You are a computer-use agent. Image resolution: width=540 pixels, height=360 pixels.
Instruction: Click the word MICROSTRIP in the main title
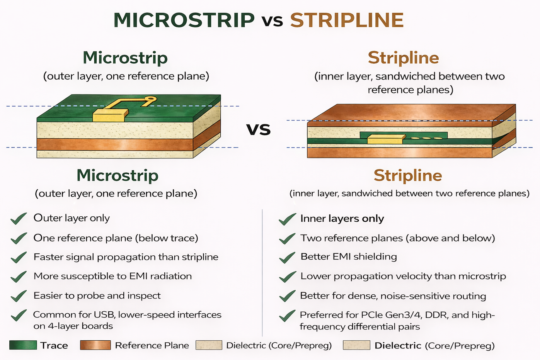pyautogui.click(x=184, y=20)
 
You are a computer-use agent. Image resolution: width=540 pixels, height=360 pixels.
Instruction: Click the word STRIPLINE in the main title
pyautogui.click(x=347, y=20)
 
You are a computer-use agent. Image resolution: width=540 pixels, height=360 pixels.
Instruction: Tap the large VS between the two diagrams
pyautogui.click(x=259, y=129)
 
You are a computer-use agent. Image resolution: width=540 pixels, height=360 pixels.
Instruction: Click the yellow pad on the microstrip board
pyautogui.click(x=110, y=115)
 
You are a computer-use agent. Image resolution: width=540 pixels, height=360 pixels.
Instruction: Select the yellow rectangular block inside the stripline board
pyautogui.click(x=385, y=139)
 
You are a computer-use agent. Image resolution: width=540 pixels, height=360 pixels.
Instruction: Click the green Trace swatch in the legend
pyautogui.click(x=23, y=345)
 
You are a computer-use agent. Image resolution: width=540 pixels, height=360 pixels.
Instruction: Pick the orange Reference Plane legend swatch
pyautogui.click(x=95, y=345)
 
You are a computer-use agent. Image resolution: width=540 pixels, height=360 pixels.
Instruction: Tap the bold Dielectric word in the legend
pyautogui.click(x=398, y=345)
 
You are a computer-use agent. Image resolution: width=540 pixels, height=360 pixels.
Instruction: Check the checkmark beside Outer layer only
pyautogui.click(x=19, y=219)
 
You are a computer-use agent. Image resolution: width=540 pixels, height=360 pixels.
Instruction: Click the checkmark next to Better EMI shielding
pyautogui.click(x=287, y=258)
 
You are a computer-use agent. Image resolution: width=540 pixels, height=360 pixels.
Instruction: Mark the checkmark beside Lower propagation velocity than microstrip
pyautogui.click(x=287, y=277)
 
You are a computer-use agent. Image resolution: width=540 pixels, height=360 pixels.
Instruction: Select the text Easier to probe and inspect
pyautogui.click(x=97, y=295)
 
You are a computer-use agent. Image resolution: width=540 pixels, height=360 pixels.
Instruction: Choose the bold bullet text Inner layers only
pyautogui.click(x=342, y=219)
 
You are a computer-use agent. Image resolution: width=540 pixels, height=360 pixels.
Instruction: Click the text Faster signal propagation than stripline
pyautogui.click(x=126, y=257)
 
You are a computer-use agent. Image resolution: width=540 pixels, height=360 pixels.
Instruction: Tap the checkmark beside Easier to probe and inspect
pyautogui.click(x=19, y=296)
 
